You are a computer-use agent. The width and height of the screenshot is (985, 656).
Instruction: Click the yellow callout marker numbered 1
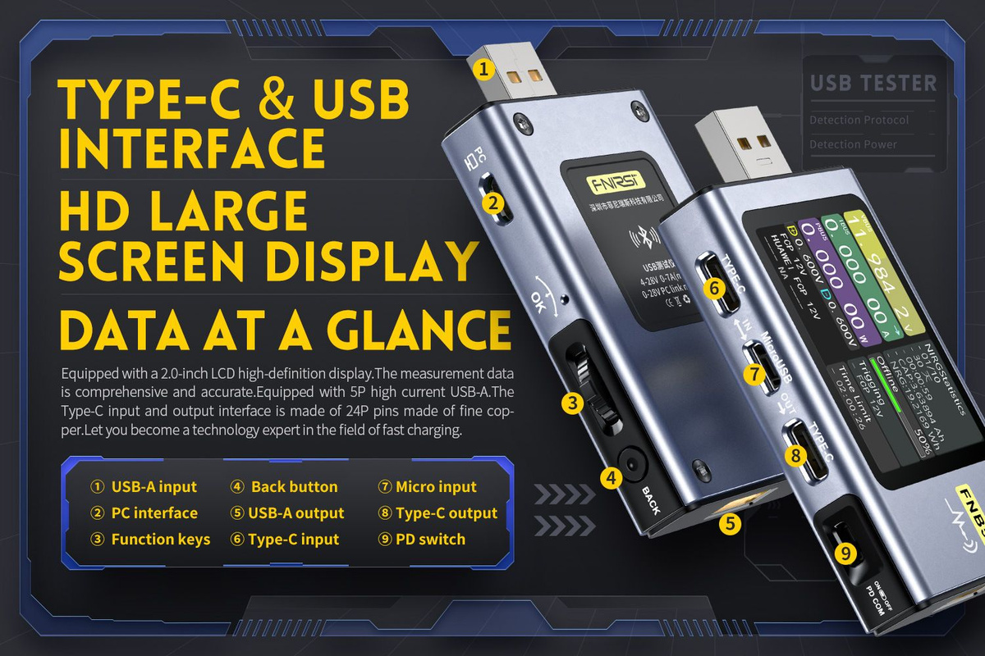484,69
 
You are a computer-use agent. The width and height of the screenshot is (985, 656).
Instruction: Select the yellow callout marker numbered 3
573,403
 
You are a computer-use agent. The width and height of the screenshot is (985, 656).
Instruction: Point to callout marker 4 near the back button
610,476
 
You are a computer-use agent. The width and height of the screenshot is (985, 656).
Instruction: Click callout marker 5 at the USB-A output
729,522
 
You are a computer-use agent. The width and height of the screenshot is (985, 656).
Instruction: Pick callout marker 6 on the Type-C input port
714,288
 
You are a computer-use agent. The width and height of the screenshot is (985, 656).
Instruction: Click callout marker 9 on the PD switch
847,553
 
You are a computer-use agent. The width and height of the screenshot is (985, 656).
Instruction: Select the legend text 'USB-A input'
154,487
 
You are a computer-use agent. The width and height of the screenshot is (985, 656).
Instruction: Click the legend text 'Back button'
294,487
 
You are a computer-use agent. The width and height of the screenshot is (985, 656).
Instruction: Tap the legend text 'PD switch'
430,540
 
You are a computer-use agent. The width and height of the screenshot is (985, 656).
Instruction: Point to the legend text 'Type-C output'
447,513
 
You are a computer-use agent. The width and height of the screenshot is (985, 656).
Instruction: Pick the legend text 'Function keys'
161,540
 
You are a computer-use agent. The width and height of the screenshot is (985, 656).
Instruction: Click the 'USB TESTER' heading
873,83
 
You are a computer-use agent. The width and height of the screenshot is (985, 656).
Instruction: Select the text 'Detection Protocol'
859,121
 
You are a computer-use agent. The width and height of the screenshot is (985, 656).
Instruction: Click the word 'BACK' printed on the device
651,499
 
